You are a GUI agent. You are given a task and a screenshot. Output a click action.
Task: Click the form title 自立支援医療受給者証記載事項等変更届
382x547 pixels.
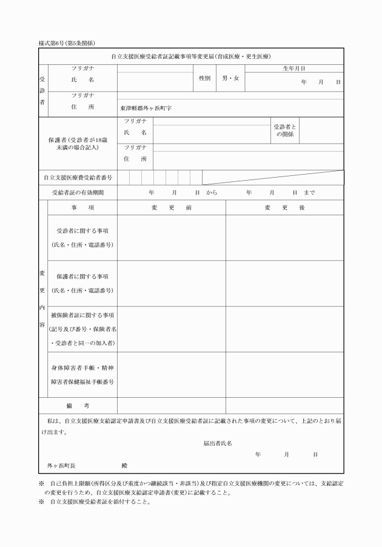(192, 56)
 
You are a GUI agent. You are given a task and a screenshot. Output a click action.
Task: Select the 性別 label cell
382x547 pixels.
(204, 78)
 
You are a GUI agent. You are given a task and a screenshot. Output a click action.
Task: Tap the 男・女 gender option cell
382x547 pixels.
(230, 78)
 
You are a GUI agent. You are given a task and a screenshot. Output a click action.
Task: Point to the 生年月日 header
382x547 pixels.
(294, 69)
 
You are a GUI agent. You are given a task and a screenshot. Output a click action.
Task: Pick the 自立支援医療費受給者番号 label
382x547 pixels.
(78, 178)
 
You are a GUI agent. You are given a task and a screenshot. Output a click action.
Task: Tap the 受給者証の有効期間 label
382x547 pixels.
(78, 193)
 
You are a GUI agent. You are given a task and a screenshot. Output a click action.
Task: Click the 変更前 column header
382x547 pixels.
(172, 207)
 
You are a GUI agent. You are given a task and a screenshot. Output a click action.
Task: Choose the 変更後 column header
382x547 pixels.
(284, 207)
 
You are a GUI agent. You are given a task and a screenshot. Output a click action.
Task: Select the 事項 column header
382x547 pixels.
(82, 207)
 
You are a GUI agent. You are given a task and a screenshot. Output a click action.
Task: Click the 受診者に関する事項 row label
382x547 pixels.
(82, 238)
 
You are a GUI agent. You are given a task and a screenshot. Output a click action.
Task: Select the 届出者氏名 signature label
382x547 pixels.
(218, 443)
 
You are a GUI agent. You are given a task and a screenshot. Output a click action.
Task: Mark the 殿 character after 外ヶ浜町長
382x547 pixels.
(124, 465)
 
